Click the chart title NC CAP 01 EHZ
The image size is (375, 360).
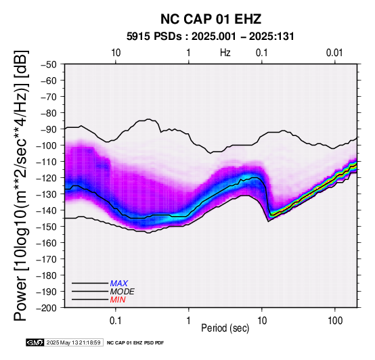point(211,19)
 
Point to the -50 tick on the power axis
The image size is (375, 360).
point(49,64)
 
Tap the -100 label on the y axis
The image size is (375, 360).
point(47,145)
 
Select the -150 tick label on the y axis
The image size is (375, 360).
point(47,227)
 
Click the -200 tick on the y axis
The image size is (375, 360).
point(47,308)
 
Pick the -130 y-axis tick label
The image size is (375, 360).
point(47,194)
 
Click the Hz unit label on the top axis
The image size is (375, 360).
point(225,53)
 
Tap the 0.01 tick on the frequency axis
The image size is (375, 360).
point(334,53)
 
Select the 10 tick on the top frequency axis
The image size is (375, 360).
point(116,53)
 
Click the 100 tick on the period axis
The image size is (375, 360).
point(335,320)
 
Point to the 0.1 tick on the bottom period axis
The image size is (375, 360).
point(116,320)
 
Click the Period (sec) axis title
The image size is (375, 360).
point(225,328)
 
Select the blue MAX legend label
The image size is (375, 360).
point(119,284)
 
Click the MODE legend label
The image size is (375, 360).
point(123,292)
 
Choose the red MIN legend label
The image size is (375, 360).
point(118,300)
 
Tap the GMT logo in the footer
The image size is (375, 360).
point(35,342)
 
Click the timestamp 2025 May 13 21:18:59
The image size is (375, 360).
point(73,342)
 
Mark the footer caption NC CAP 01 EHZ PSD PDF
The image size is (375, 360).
point(135,343)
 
